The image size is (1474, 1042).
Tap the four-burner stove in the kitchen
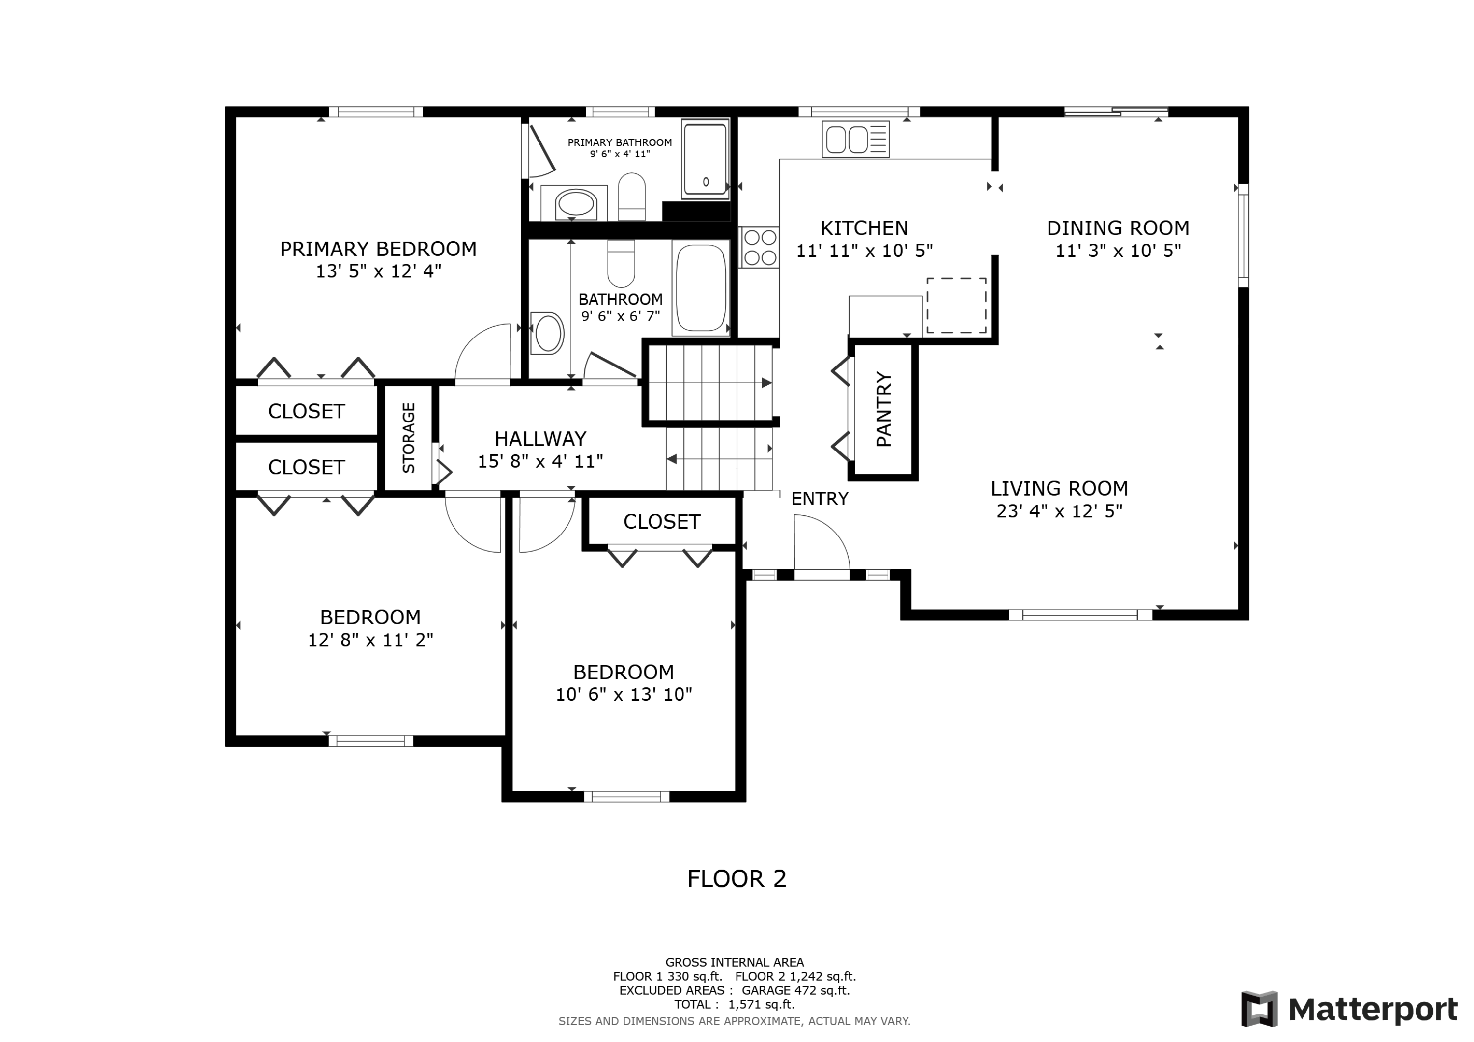pos(760,247)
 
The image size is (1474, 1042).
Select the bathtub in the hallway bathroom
pos(701,287)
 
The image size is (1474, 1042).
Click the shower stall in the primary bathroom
pos(706,159)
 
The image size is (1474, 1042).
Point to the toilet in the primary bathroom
pos(632,197)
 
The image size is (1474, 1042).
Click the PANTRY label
pos(884,410)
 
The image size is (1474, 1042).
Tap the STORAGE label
pos(408,438)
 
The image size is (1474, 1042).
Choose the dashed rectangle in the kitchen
pos(956,306)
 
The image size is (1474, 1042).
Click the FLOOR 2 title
pos(737,879)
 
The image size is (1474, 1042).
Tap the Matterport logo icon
pos(1260,1009)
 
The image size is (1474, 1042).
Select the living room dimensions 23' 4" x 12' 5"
pos(1059,511)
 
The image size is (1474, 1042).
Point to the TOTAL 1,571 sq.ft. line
pos(735,1004)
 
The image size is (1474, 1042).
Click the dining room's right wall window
pos(1244,236)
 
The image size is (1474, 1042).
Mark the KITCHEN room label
pos(864,228)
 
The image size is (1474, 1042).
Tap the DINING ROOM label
pos(1118,228)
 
